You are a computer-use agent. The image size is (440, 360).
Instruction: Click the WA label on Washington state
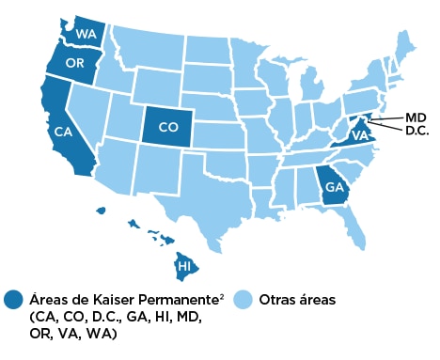point(85,34)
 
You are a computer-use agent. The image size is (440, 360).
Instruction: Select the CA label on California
point(64,132)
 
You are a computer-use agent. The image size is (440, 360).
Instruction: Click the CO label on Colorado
point(168,125)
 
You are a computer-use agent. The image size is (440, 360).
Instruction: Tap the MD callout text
point(416,117)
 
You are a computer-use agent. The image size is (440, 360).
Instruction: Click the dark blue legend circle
point(13,300)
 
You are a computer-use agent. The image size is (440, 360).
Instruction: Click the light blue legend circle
point(243,300)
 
